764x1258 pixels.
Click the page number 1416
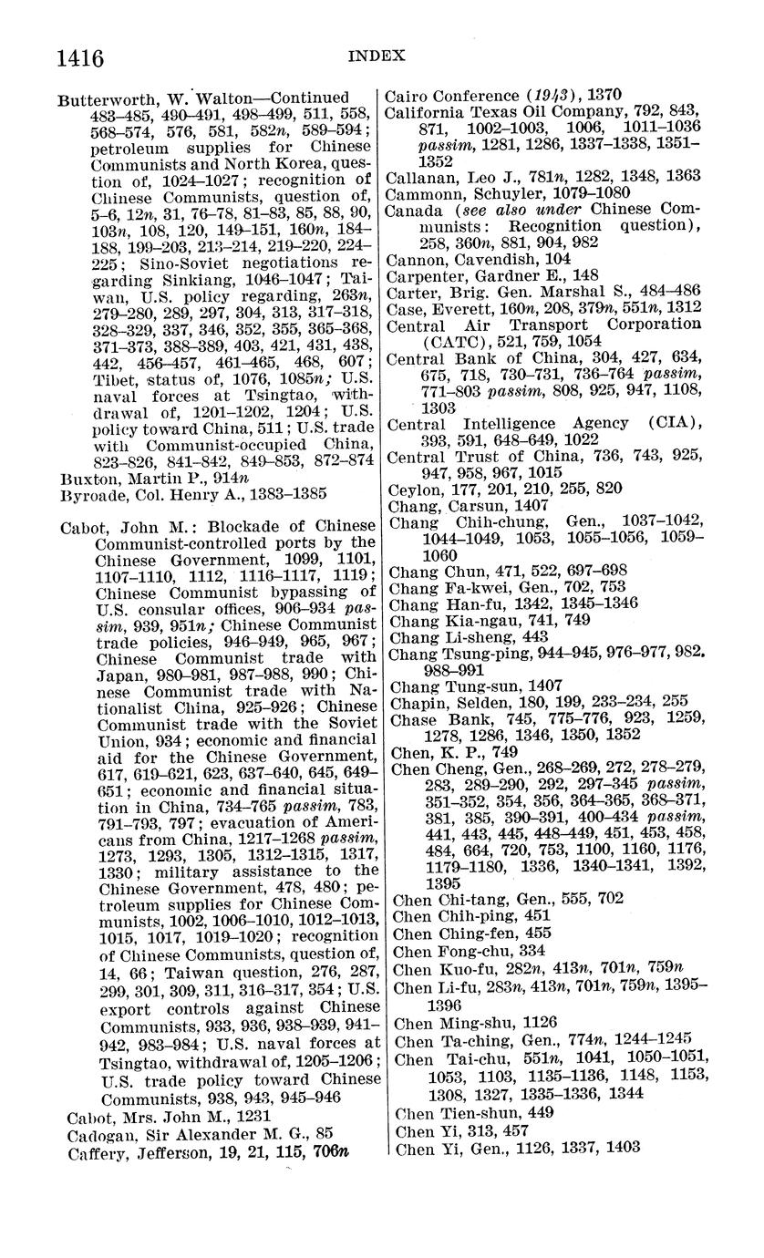tap(80, 58)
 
